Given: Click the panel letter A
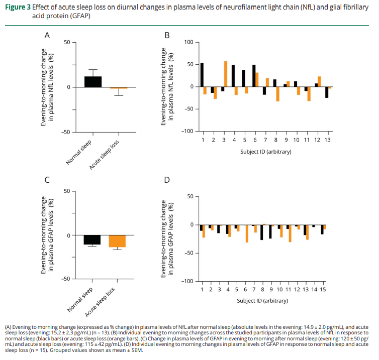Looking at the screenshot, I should coord(47,35).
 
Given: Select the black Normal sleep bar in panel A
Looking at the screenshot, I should coord(93,82).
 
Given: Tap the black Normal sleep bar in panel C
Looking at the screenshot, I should coord(92,239).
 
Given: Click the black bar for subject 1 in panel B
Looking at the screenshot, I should coord(202,75).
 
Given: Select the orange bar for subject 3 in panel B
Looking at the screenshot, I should coord(226,74).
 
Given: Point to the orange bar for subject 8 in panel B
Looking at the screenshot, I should coord(277,94).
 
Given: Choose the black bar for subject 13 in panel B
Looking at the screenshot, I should coord(327,92).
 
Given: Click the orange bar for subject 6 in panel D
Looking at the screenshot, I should coord(247,233).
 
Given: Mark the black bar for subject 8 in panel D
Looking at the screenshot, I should coord(261,232).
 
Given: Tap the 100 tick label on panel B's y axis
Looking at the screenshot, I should coord(188,42).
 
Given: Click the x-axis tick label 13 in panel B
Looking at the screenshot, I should coord(327,139).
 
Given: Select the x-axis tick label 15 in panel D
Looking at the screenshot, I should coord(323,289).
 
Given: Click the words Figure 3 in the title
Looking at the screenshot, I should coord(18,8).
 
